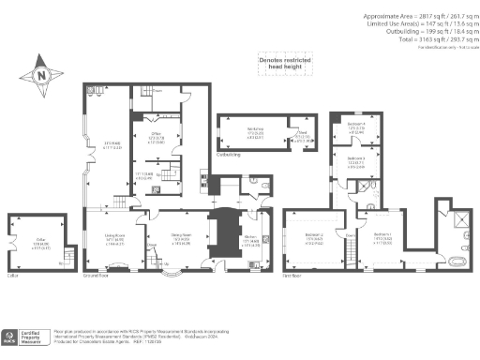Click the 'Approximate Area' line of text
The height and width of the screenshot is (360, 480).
click(413, 17)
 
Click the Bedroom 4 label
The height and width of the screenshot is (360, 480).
click(355, 127)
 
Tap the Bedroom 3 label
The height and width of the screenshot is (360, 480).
click(355, 161)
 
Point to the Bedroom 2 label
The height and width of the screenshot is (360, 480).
click(315, 238)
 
